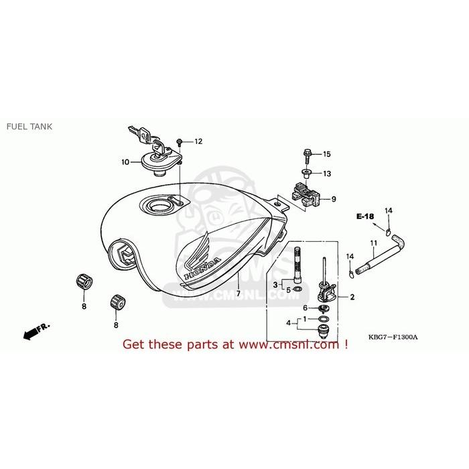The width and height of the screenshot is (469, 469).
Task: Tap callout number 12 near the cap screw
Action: (198, 141)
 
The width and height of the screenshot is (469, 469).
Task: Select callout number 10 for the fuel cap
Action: (125, 161)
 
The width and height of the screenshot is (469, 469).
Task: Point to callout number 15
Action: (327, 154)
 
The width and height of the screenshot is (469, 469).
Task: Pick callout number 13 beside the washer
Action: (327, 174)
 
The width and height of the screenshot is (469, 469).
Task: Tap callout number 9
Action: (333, 199)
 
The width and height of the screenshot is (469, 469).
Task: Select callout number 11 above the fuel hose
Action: (373, 242)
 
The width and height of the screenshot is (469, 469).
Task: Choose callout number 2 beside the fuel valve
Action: (352, 297)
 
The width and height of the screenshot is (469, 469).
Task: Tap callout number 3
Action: (274, 285)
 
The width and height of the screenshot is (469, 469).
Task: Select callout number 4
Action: (289, 324)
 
